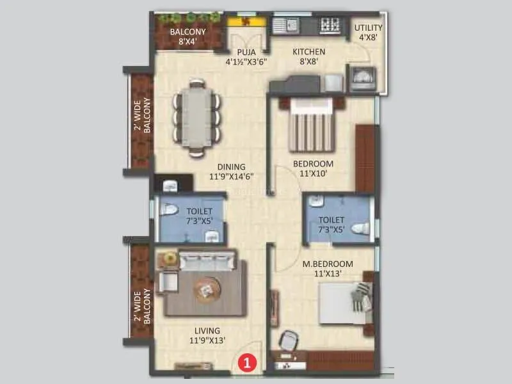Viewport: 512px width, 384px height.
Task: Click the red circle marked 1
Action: pyautogui.click(x=248, y=362)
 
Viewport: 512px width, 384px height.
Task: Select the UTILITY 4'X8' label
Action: pyautogui.click(x=369, y=32)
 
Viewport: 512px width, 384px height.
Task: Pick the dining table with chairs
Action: pyautogui.click(x=196, y=116)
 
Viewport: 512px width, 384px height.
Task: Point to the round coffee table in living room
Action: pyautogui.click(x=207, y=290)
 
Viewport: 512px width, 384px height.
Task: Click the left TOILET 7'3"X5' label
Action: pyautogui.click(x=199, y=216)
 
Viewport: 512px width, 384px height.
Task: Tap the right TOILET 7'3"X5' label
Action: pyautogui.click(x=331, y=225)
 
